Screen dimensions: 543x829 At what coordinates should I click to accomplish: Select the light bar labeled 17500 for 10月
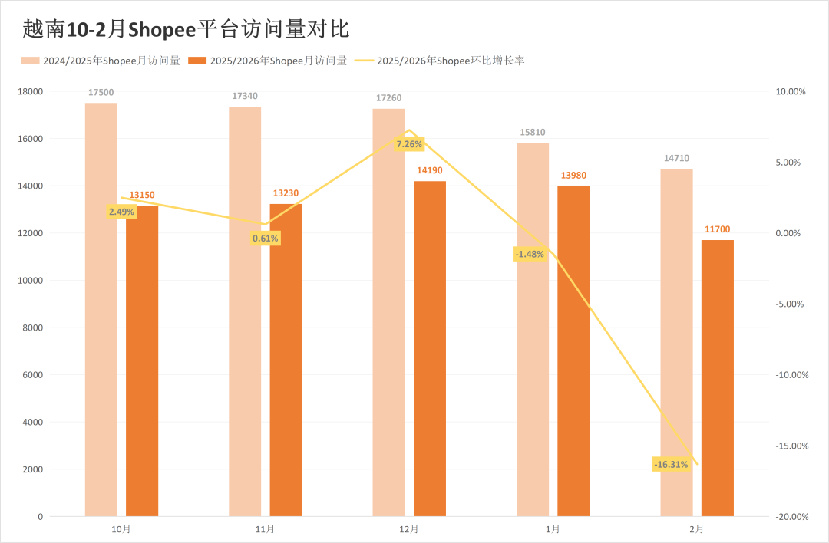pos(101,307)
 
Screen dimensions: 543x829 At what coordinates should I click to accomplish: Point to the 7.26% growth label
pos(409,143)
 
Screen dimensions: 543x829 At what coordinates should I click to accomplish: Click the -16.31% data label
pos(671,465)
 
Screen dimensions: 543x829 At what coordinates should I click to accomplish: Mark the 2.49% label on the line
pos(121,212)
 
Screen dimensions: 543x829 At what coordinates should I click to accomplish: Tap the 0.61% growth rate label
pos(266,239)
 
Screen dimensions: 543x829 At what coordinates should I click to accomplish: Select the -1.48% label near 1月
pos(530,254)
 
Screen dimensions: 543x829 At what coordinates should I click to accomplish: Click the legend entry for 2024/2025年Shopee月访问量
pos(101,61)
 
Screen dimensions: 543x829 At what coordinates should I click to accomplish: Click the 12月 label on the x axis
pos(409,529)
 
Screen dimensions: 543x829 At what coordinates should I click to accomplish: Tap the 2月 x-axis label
pos(697,529)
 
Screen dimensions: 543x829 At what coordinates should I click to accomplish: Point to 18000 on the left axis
pos(32,91)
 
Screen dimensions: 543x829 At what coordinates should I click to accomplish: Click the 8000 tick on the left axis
pos(35,327)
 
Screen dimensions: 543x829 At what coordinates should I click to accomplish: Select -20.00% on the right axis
pos(792,517)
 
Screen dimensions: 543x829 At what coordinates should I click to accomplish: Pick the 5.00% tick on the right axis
pos(794,163)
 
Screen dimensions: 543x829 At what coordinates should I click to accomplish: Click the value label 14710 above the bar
pos(676,159)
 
